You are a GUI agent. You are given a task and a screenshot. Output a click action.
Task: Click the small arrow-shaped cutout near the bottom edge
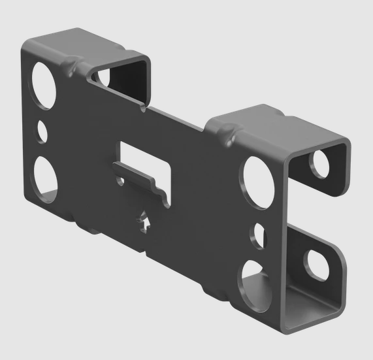click(x=144, y=221)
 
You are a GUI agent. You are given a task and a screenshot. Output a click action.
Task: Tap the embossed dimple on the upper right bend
click(x=229, y=137)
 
